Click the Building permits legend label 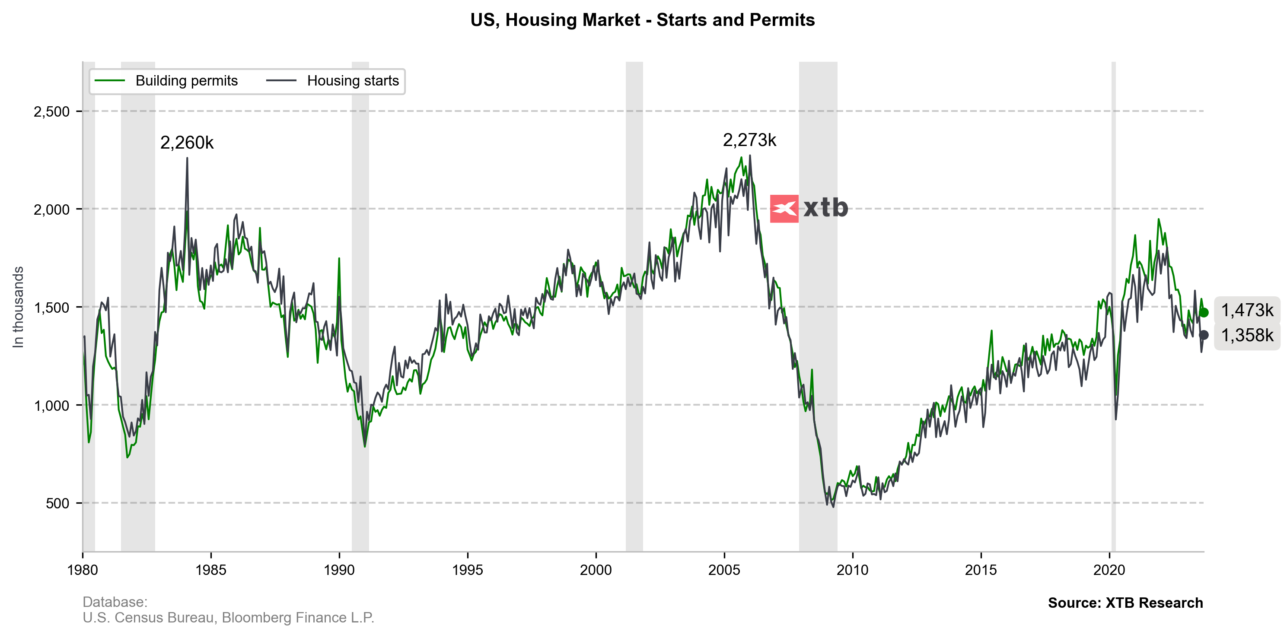(x=186, y=81)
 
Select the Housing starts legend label (x=353, y=81)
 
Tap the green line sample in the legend (x=109, y=81)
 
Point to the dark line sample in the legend (x=281, y=81)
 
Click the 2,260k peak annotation (x=187, y=143)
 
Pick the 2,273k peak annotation (x=749, y=140)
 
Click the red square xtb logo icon (x=784, y=209)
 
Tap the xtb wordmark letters (x=825, y=208)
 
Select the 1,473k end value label (x=1247, y=311)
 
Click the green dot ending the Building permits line (x=1204, y=312)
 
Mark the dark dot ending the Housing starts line (x=1204, y=335)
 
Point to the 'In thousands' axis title (x=18, y=307)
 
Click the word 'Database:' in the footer (x=115, y=602)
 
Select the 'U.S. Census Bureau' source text (x=148, y=618)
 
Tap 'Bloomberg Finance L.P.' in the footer (x=298, y=618)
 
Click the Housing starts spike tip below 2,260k (x=188, y=159)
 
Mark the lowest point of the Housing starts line (x=833, y=506)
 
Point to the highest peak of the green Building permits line (x=741, y=158)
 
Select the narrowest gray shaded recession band (x=1113, y=307)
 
